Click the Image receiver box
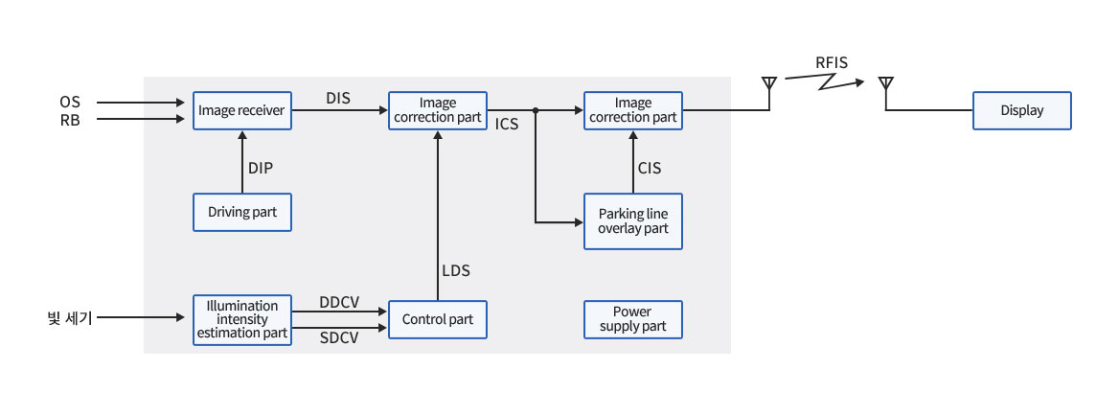tap(241, 111)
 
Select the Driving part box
tap(241, 212)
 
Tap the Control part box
tap(437, 319)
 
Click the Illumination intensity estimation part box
tap(241, 319)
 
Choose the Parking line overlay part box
tap(633, 221)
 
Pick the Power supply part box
tap(633, 319)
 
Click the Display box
tap(1021, 111)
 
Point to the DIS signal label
tap(338, 97)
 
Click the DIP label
tap(261, 168)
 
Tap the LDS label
tap(456, 271)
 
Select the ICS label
tap(508, 125)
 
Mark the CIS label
tap(650, 168)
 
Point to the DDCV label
tap(339, 302)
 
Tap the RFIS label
tap(832, 64)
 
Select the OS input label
tap(70, 102)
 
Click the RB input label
tap(70, 119)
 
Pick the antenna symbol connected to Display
tap(886, 85)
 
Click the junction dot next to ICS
tap(536, 111)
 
